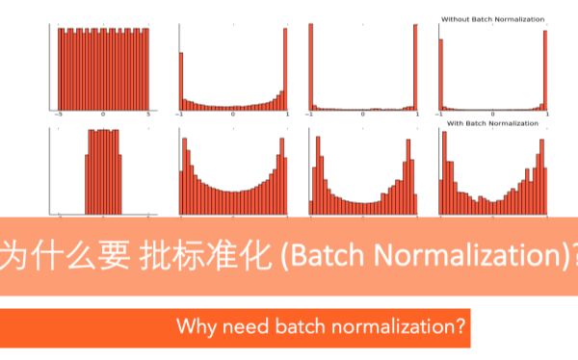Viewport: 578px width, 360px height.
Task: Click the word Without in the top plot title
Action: [454, 19]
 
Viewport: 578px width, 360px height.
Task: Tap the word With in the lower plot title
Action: [456, 123]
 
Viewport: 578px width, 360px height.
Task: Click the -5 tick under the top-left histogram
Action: [59, 115]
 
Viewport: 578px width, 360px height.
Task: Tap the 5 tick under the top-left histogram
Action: [147, 115]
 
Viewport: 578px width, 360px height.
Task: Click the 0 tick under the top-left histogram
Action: [103, 115]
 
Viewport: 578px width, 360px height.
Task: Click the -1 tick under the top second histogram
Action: [180, 115]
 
